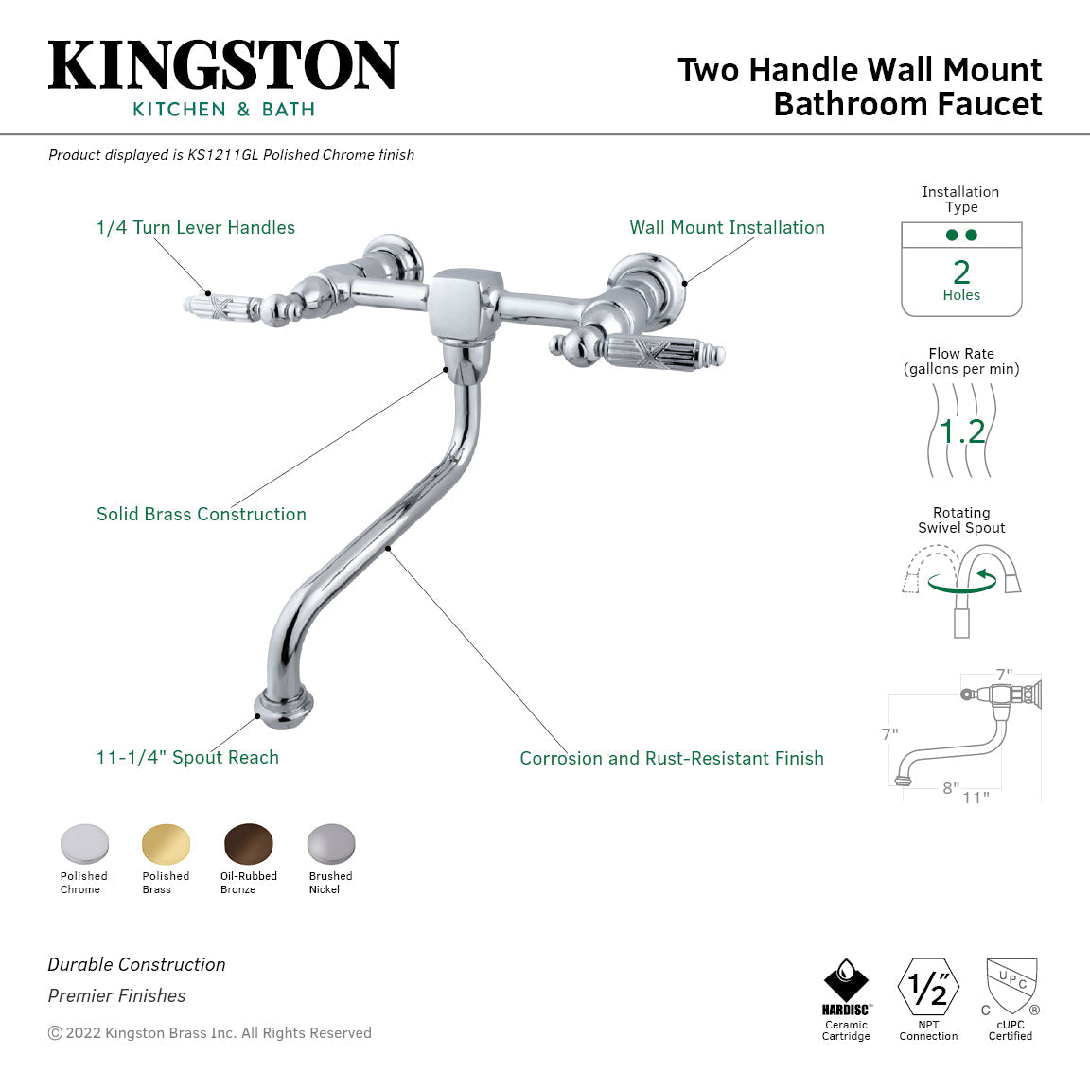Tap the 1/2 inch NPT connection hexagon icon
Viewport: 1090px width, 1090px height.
pyautogui.click(x=928, y=987)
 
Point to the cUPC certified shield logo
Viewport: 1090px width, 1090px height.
pyautogui.click(x=1011, y=986)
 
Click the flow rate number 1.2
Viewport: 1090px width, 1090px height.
pyautogui.click(x=962, y=431)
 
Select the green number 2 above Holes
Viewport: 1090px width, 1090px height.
pyautogui.click(x=961, y=272)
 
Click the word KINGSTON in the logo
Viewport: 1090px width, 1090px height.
pyautogui.click(x=223, y=66)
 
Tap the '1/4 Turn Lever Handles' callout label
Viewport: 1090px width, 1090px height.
pyautogui.click(x=196, y=227)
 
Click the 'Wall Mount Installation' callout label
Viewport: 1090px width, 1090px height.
pyautogui.click(x=727, y=227)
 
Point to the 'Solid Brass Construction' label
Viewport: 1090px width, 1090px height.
pyautogui.click(x=202, y=514)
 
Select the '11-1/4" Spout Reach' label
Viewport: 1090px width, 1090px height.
pyautogui.click(x=187, y=757)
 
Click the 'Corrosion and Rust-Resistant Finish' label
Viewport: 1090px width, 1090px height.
pyautogui.click(x=672, y=758)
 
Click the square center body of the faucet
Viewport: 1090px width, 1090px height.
pyautogui.click(x=461, y=301)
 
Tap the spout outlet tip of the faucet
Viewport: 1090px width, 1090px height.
pyautogui.click(x=284, y=707)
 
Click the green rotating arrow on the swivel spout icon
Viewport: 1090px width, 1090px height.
pyautogui.click(x=963, y=581)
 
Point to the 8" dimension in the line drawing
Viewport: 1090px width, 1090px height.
pyautogui.click(x=950, y=788)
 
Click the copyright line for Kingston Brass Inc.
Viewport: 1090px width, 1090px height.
pyautogui.click(x=210, y=1033)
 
